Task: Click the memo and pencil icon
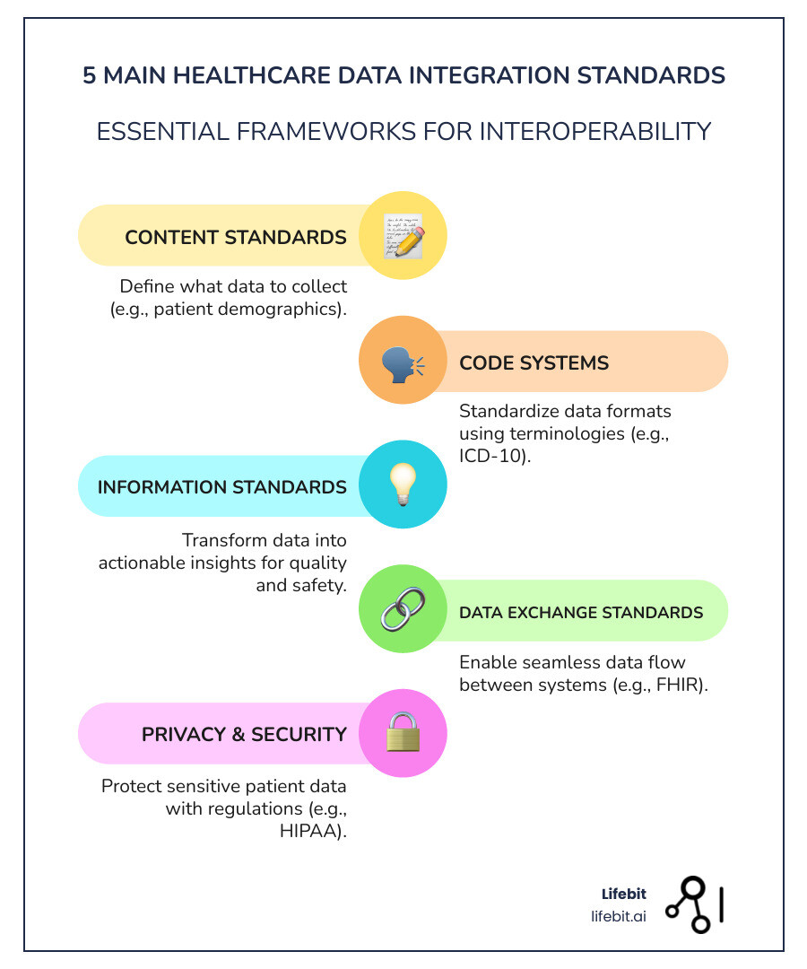click(403, 236)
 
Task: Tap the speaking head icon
click(403, 362)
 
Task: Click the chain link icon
click(403, 611)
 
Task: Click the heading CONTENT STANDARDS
click(236, 237)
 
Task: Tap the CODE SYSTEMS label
click(534, 362)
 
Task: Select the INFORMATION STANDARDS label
click(221, 487)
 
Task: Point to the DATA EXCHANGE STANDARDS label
click(580, 612)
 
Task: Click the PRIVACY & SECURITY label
click(244, 734)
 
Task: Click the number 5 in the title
click(90, 75)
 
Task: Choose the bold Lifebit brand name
click(623, 894)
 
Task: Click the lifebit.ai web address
click(619, 915)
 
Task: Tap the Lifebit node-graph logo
click(694, 904)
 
